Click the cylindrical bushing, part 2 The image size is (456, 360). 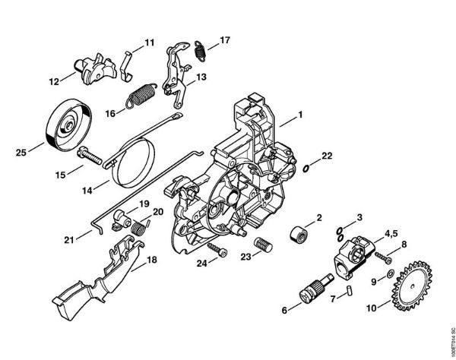(x=299, y=235)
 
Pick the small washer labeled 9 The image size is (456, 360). (x=388, y=272)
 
